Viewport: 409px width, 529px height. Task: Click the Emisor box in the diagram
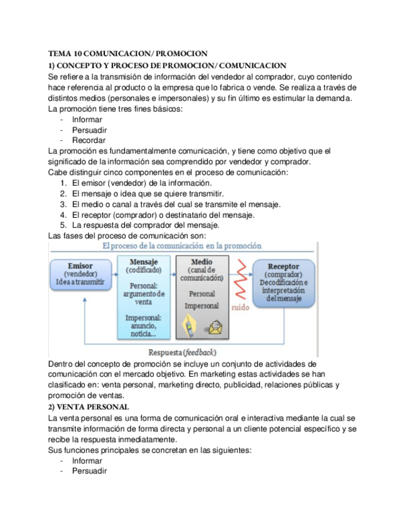pyautogui.click(x=80, y=274)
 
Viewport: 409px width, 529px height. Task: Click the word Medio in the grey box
pyautogui.click(x=202, y=262)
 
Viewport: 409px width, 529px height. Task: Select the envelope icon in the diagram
pyautogui.click(x=215, y=325)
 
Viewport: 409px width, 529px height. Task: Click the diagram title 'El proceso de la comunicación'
pyautogui.click(x=182, y=246)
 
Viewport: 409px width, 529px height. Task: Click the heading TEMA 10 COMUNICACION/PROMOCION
pyautogui.click(x=128, y=54)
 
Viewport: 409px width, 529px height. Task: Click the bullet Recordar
pyautogui.click(x=89, y=140)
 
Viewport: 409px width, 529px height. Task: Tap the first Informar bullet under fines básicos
pyautogui.click(x=87, y=119)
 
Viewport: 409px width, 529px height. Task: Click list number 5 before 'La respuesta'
pyautogui.click(x=64, y=225)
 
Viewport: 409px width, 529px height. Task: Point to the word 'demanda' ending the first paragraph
pyautogui.click(x=334, y=98)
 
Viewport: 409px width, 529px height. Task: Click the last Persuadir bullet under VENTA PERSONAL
pyautogui.click(x=89, y=471)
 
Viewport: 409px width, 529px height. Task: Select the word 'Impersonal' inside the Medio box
pyautogui.click(x=202, y=306)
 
